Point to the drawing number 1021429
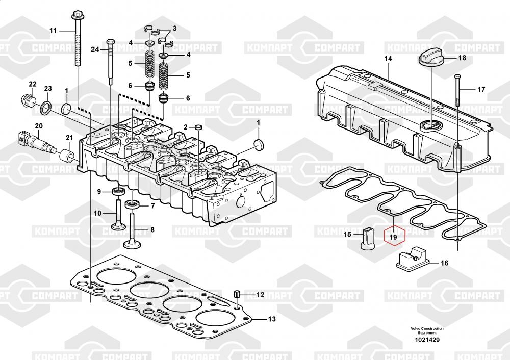pyautogui.click(x=427, y=340)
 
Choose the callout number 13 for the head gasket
pyautogui.click(x=272, y=319)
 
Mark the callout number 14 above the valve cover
pyautogui.click(x=388, y=59)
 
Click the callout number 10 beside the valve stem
pyautogui.click(x=97, y=213)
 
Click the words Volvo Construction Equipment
pyautogui.click(x=427, y=330)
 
